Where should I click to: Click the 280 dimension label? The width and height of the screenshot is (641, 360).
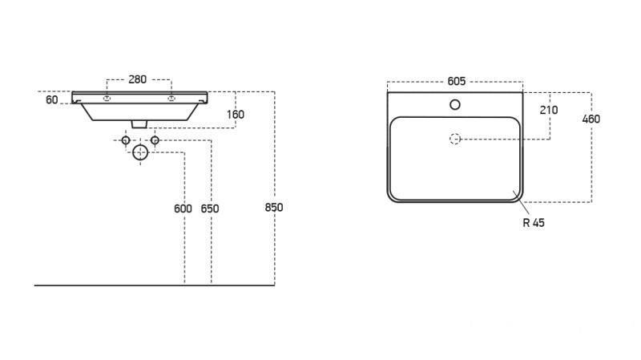point(137,79)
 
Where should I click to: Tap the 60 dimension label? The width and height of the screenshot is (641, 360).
point(52,99)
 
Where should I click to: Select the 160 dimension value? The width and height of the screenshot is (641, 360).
point(236,115)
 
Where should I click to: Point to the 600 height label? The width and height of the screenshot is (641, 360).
point(183,208)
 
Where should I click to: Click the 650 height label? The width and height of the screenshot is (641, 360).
point(210,208)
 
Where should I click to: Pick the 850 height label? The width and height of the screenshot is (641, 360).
point(274,208)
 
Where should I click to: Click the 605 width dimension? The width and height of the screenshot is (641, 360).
point(457,82)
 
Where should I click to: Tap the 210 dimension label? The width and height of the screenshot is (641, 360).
point(549,110)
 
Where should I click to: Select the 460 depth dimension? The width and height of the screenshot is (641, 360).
point(591,119)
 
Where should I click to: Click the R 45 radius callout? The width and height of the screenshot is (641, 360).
point(534,223)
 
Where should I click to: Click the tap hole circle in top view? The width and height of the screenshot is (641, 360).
point(455,105)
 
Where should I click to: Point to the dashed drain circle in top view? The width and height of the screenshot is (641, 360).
point(455,139)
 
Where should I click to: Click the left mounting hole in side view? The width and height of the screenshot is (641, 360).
point(107,98)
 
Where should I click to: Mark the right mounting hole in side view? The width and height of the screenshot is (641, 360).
point(171,98)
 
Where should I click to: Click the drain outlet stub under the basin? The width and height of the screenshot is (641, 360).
point(139,124)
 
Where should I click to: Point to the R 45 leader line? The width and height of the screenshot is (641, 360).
point(522,202)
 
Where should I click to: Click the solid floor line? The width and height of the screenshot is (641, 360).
point(154,285)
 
